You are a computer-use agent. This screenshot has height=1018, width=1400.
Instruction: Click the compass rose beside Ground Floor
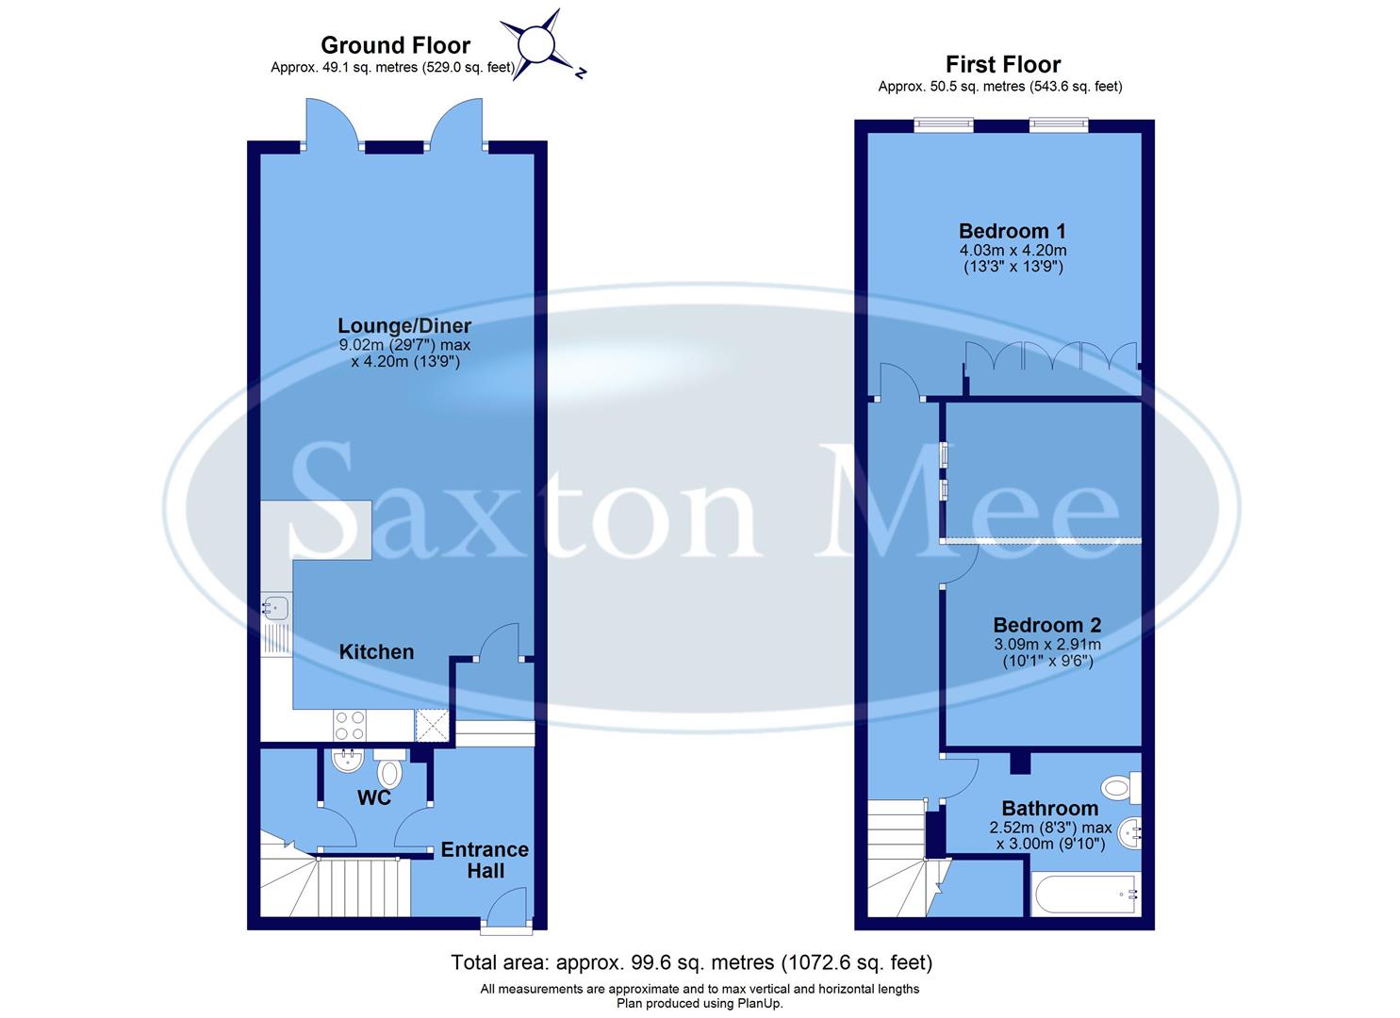coord(535,44)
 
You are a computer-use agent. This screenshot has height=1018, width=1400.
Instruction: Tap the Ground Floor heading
coord(395,45)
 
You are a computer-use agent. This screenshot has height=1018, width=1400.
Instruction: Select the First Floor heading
coord(1003,64)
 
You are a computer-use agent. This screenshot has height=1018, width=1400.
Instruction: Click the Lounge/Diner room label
coord(404,326)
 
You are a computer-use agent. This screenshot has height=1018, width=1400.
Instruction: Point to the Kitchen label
coord(376,651)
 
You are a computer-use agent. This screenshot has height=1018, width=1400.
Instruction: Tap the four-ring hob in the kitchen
coord(350,725)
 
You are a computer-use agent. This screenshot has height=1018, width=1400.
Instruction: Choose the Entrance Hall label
coord(485,860)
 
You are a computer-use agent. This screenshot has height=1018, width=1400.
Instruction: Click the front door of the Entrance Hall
coord(506,911)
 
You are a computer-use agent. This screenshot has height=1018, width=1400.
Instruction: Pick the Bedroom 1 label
coord(1012,231)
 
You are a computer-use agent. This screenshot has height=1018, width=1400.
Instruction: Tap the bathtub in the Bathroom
coord(1086,895)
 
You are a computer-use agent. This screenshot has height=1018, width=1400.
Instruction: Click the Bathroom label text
coord(1049,808)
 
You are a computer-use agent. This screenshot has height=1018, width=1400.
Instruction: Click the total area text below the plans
coord(691,962)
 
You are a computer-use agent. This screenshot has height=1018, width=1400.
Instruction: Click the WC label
coord(374,798)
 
